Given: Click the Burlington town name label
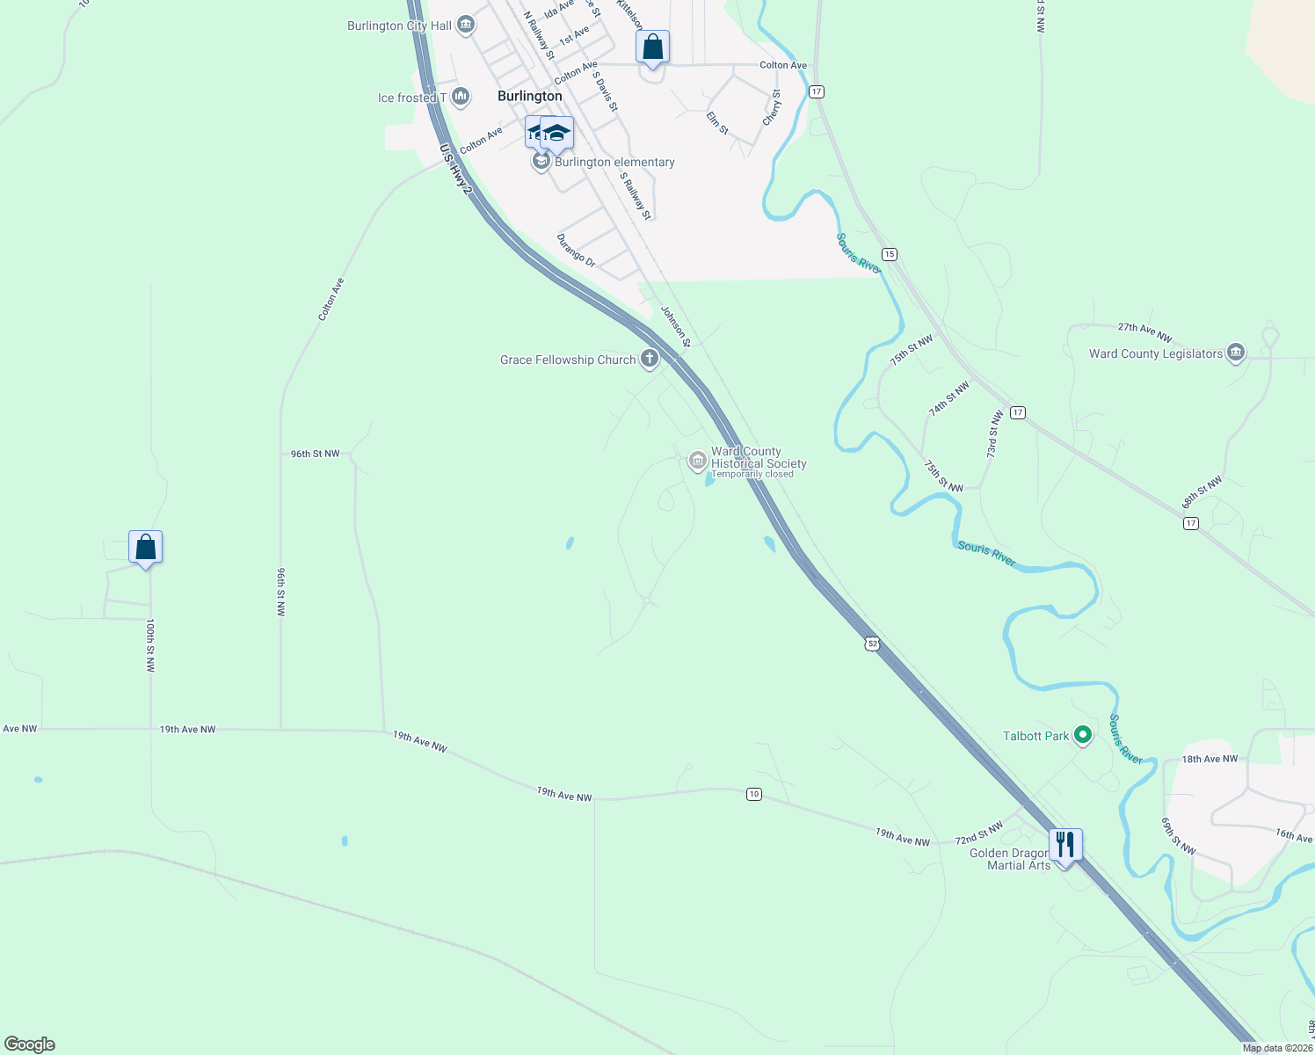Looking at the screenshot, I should pyautogui.click(x=529, y=96).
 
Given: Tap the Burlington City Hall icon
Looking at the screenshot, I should pyautogui.click(x=467, y=25).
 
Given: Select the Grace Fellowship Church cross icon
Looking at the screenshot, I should pyautogui.click(x=650, y=359).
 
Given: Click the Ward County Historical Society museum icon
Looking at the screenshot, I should pyautogui.click(x=697, y=460).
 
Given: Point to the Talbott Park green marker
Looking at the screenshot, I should pyautogui.click(x=1083, y=735).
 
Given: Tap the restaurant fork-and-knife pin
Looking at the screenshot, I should pyautogui.click(x=1064, y=846).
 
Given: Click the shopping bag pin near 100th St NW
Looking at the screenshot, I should pyautogui.click(x=145, y=548).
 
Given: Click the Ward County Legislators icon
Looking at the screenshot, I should pyautogui.click(x=1236, y=353).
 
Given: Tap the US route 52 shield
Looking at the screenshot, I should pyautogui.click(x=872, y=644).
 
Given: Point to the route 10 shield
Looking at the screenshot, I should pyautogui.click(x=754, y=794).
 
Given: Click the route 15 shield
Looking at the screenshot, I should pyautogui.click(x=890, y=254).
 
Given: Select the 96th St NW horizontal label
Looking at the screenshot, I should pyautogui.click(x=315, y=454).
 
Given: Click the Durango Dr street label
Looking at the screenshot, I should pyautogui.click(x=576, y=251).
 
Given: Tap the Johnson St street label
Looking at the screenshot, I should pyautogui.click(x=676, y=326).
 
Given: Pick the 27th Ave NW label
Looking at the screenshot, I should pyautogui.click(x=1144, y=331).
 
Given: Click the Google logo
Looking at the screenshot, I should pyautogui.click(x=30, y=1044).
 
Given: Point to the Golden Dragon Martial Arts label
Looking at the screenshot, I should pyautogui.click(x=1011, y=859).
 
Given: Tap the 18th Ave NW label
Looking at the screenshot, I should pyautogui.click(x=1210, y=759).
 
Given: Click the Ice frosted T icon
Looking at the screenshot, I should pyautogui.click(x=460, y=97).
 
